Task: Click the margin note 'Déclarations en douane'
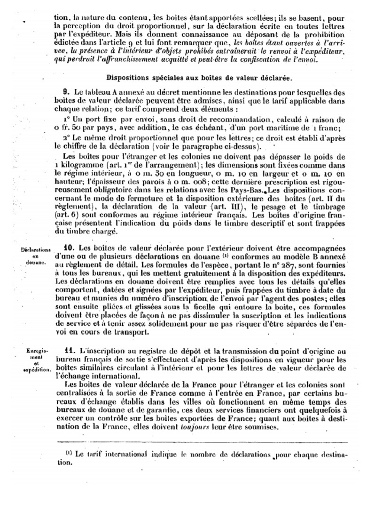(36, 257)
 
